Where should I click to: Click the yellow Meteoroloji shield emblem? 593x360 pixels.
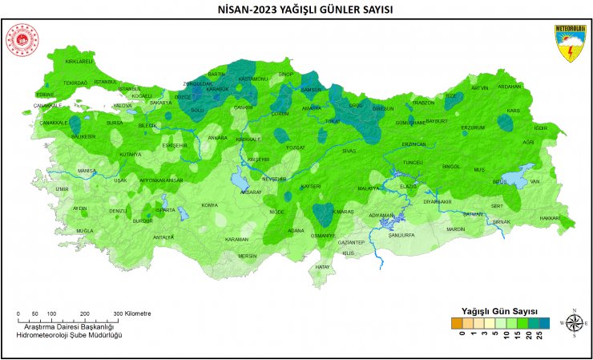coord(570,42)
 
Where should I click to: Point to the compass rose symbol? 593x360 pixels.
coord(574,322)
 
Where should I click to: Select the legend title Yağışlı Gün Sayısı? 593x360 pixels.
coord(499,309)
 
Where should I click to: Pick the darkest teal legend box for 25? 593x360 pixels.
coord(544,323)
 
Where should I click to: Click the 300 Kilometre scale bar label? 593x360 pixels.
coord(132,313)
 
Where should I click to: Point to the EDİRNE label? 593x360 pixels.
coord(45,95)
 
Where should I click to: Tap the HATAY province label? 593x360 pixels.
coord(323,266)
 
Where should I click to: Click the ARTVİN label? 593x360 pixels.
coord(479,88)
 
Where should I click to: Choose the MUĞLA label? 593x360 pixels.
coord(85,231)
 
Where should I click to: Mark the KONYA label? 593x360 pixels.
coord(209,205)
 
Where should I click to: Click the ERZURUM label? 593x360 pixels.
coord(473,127)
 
